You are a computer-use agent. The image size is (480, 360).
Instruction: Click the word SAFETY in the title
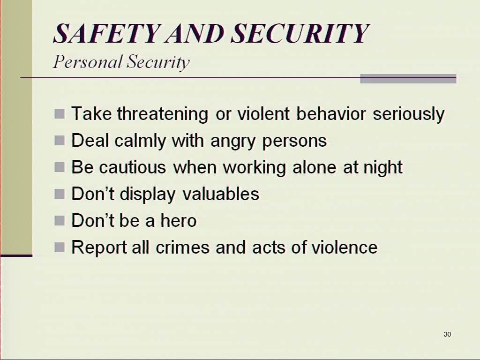107,33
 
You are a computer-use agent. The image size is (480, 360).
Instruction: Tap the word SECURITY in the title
300,33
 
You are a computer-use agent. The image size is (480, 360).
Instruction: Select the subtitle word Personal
88,62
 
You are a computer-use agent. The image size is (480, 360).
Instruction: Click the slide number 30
447,334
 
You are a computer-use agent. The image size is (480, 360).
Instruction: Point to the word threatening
163,114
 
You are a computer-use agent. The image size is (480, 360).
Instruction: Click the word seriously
408,114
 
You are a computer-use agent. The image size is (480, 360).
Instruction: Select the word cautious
133,167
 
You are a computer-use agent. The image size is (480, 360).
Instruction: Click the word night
382,168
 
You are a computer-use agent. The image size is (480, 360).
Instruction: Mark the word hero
179,220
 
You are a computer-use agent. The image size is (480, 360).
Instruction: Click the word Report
99,247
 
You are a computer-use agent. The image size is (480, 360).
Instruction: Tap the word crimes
182,247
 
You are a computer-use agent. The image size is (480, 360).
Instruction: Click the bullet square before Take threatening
60,113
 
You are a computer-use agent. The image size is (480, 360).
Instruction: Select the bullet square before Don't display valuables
60,194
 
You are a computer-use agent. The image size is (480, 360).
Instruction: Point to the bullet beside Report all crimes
60,247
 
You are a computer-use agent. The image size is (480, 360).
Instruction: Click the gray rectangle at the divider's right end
408,79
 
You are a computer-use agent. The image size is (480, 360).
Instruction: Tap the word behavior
331,113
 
